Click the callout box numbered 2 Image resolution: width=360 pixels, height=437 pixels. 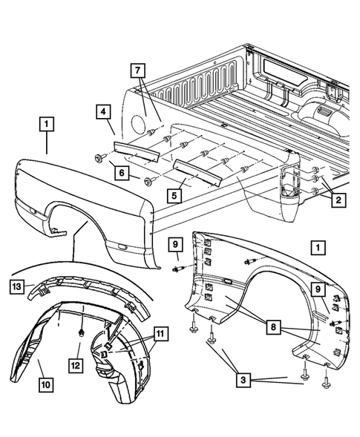[338, 199]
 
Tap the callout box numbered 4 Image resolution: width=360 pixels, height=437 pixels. [103, 114]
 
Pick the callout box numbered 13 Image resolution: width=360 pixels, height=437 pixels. [17, 285]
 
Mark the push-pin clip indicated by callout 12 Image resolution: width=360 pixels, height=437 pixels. [79, 333]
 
